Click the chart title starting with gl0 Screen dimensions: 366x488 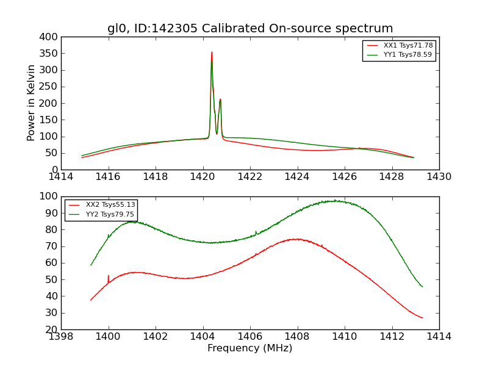point(250,29)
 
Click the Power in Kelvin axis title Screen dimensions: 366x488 point(31,103)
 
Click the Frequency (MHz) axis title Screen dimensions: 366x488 point(250,348)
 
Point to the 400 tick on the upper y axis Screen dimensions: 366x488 point(51,37)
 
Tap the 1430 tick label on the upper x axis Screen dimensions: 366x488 point(439,176)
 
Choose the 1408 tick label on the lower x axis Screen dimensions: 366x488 point(298,336)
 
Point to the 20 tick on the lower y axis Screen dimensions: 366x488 point(54,329)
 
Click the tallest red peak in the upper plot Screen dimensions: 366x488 point(212,52)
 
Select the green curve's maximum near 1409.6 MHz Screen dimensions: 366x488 point(335,200)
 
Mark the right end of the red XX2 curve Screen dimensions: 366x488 point(422,318)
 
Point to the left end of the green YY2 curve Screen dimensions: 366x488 point(91,265)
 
